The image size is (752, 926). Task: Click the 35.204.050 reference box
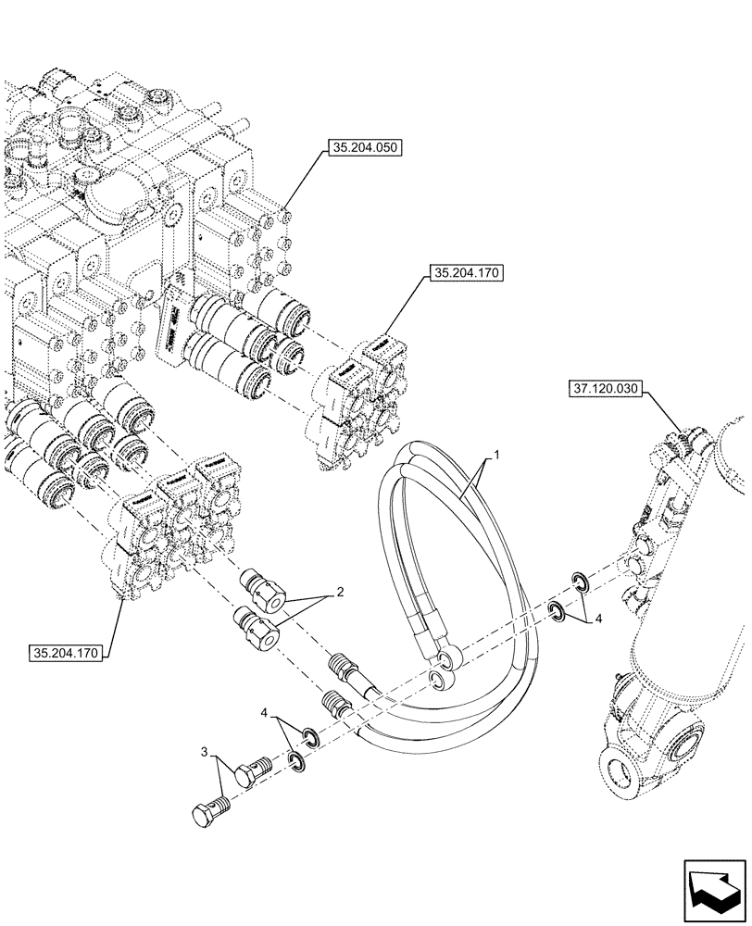click(x=363, y=146)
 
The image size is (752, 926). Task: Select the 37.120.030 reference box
click(x=602, y=391)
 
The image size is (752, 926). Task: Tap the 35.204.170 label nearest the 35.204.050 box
click(x=464, y=274)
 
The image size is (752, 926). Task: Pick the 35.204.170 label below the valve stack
click(x=68, y=652)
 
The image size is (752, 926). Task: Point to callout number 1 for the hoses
click(x=497, y=457)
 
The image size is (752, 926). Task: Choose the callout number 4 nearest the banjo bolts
click(x=268, y=713)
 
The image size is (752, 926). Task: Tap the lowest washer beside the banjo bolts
click(x=295, y=761)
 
